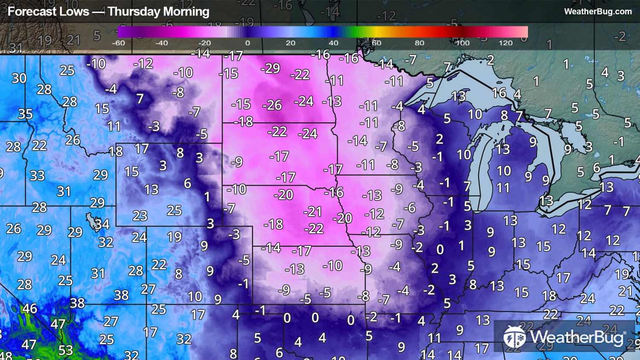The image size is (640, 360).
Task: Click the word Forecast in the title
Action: point(48,12)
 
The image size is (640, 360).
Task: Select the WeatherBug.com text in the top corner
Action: point(598,12)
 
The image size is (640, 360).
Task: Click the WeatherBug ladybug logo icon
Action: point(514,337)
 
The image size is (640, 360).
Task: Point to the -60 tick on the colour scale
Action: point(118,43)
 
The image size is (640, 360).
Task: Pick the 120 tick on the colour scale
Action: point(506,43)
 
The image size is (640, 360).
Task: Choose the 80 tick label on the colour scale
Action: point(419,43)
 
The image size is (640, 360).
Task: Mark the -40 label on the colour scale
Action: point(161,43)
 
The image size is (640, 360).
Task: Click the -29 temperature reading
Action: point(270,68)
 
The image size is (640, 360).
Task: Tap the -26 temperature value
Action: point(272,105)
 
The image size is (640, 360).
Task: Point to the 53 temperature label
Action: point(65,350)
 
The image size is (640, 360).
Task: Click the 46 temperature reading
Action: point(29,308)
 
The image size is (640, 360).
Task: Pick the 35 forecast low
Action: point(25,114)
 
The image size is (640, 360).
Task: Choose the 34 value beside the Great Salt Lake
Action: point(102,224)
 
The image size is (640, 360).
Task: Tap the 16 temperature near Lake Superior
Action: point(499,93)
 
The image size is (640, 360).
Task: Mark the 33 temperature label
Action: point(37,175)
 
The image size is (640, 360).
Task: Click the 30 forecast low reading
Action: point(19,78)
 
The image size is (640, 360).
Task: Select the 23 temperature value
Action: point(140,216)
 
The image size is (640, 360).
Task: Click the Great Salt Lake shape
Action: point(91,220)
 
